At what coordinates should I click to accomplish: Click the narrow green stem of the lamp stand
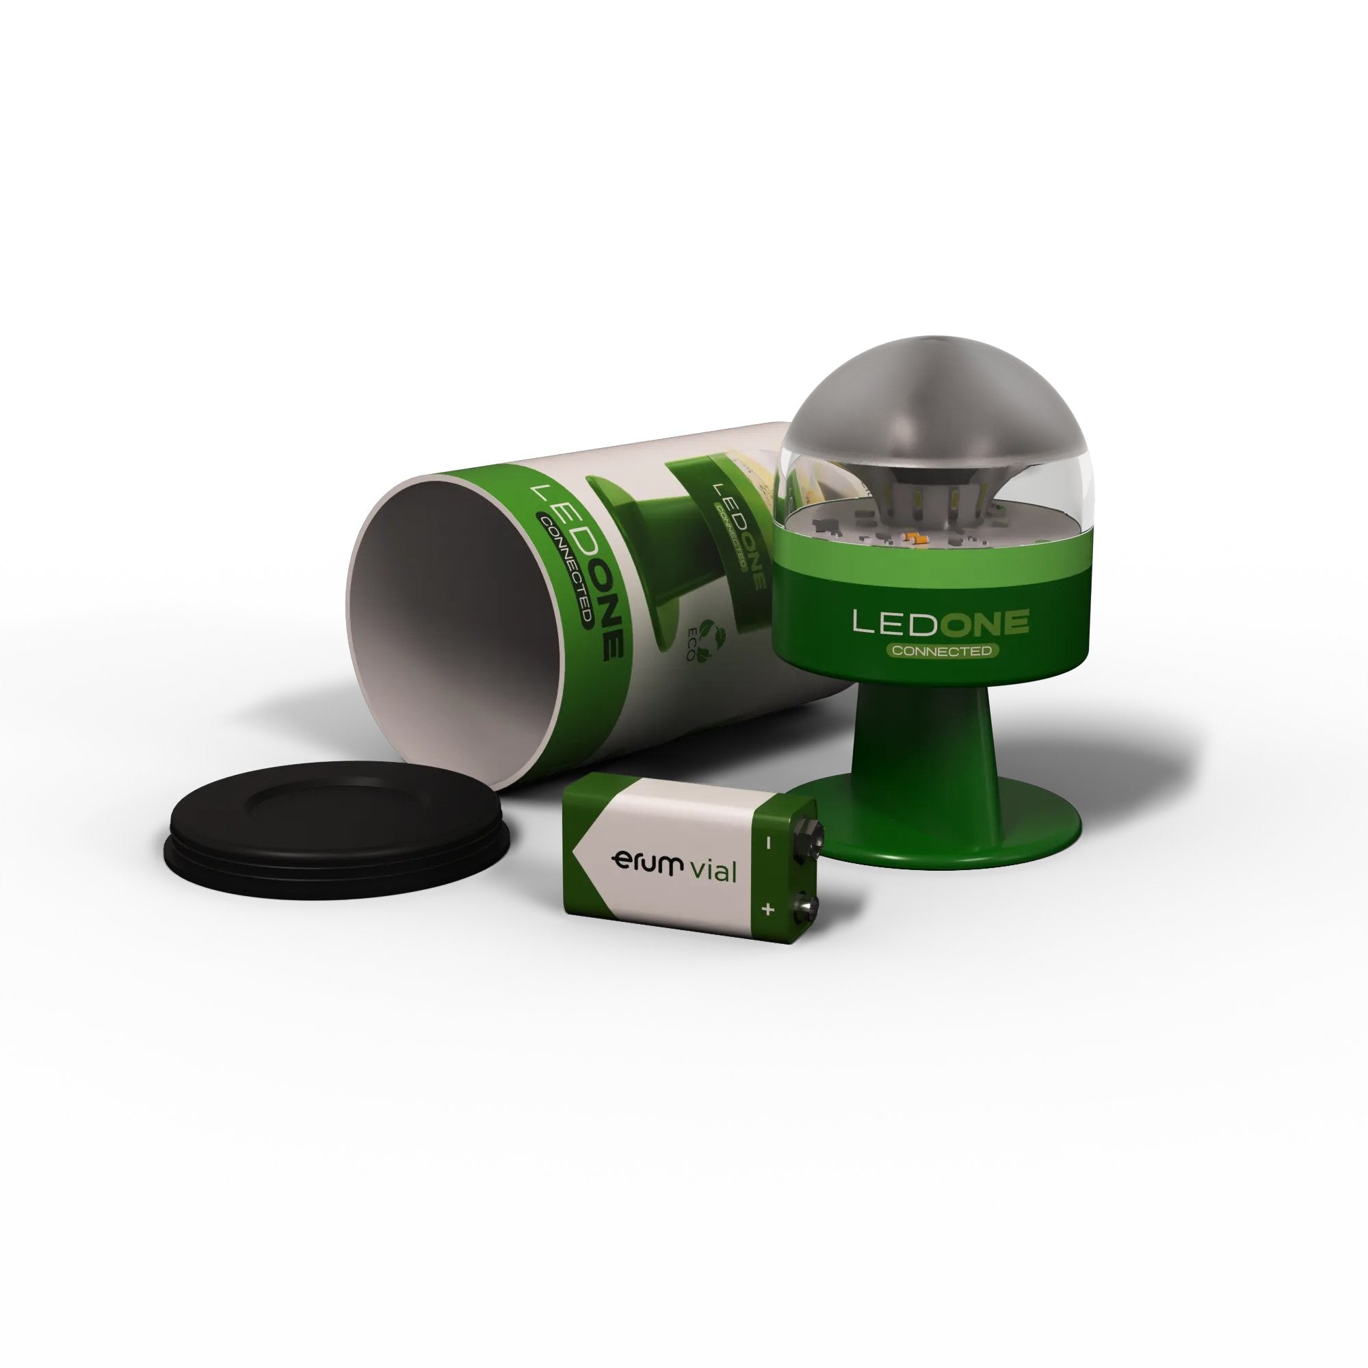point(934,729)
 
